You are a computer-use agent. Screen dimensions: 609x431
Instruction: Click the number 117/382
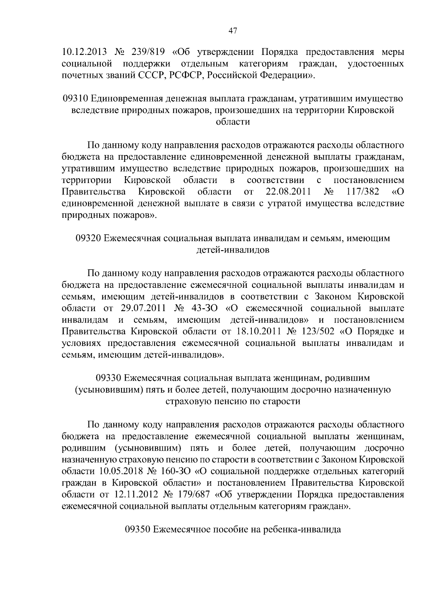coord(363,192)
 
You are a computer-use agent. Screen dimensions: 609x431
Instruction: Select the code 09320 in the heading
coord(88,238)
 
